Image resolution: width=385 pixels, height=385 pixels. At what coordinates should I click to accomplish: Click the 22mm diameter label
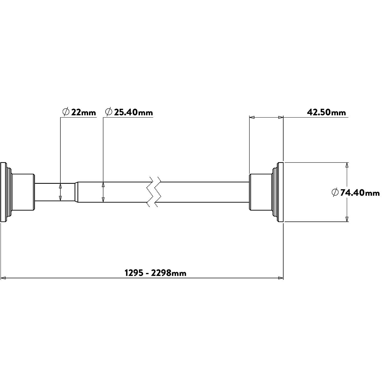pyautogui.click(x=83, y=113)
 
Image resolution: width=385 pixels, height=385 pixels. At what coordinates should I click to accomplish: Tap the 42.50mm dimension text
pyautogui.click(x=326, y=113)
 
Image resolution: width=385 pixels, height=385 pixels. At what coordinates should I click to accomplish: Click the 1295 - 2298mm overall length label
pyautogui.click(x=155, y=273)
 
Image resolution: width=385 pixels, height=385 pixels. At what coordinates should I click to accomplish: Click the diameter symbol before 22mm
pyautogui.click(x=66, y=112)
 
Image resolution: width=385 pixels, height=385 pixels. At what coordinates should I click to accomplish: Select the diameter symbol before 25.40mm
pyautogui.click(x=109, y=112)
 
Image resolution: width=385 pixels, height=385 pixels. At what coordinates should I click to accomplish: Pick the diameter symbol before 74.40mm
pyautogui.click(x=335, y=192)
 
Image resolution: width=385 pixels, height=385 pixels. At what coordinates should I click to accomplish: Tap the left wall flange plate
pyautogui.click(x=3, y=192)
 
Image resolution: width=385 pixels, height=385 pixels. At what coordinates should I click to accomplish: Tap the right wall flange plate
pyautogui.click(x=280, y=192)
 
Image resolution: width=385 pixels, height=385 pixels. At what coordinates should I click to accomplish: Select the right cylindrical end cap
pyautogui.click(x=260, y=192)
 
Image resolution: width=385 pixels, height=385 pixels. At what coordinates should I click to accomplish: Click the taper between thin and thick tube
pyautogui.click(x=76, y=192)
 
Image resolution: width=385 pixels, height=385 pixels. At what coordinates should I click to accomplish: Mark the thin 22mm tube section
pyautogui.click(x=54, y=192)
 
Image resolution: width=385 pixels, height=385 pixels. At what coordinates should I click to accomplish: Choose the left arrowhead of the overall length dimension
pyautogui.click(x=3, y=278)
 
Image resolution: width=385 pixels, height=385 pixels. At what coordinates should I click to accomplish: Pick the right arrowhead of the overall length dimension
pyautogui.click(x=281, y=278)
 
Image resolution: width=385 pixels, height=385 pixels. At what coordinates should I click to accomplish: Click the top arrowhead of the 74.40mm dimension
pyautogui.click(x=346, y=165)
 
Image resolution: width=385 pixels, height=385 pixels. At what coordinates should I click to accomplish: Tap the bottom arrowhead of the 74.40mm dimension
pyautogui.click(x=346, y=219)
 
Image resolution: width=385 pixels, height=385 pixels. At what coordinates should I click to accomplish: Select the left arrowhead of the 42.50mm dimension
pyautogui.click(x=252, y=118)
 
